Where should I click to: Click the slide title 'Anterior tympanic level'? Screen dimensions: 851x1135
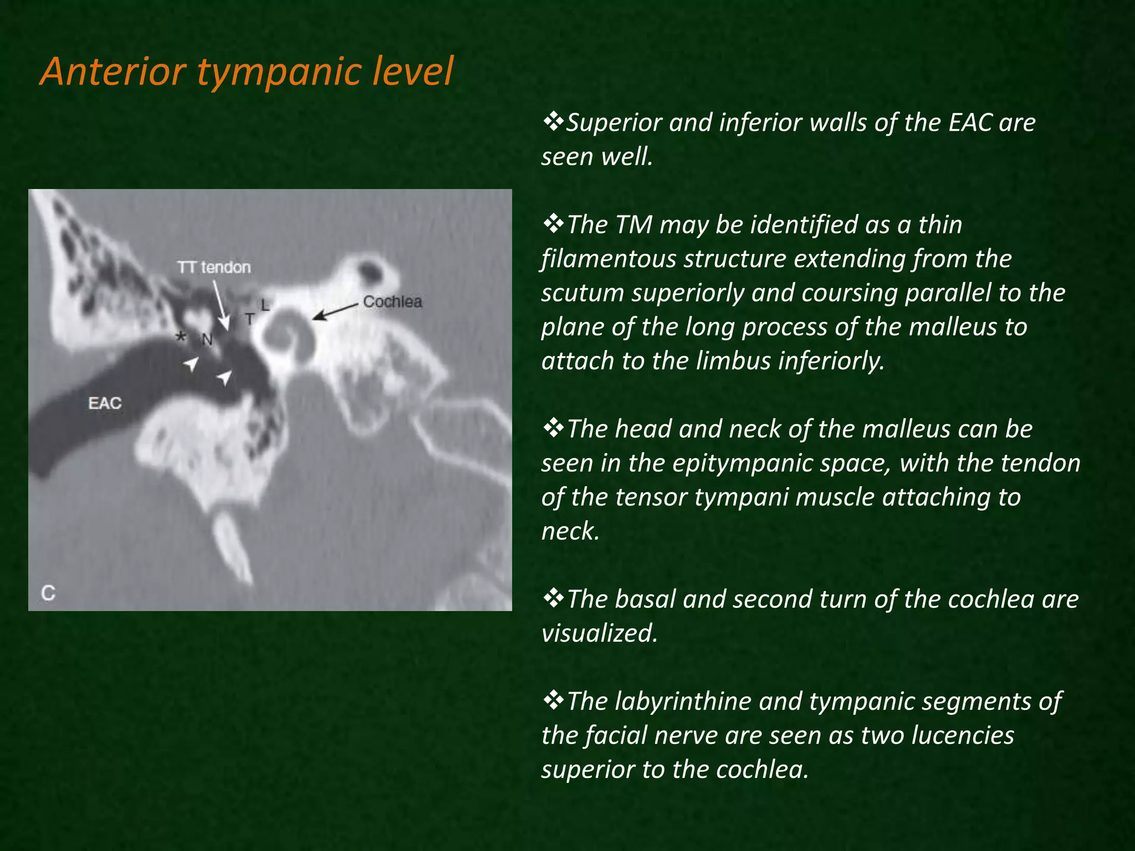click(x=247, y=71)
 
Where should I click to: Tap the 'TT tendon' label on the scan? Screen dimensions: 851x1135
click(x=214, y=268)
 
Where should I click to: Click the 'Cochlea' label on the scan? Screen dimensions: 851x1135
click(x=392, y=302)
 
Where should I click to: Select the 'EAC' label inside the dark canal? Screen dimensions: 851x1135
click(x=105, y=403)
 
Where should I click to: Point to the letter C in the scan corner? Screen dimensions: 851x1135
click(x=48, y=593)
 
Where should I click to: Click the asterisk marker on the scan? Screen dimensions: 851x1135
click(x=181, y=337)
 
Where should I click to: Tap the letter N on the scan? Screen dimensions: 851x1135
click(x=207, y=340)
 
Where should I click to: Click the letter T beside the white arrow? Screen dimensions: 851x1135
click(x=250, y=319)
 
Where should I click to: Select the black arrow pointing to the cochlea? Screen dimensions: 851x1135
click(x=335, y=311)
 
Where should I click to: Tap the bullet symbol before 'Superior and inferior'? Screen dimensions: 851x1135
click(x=553, y=122)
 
